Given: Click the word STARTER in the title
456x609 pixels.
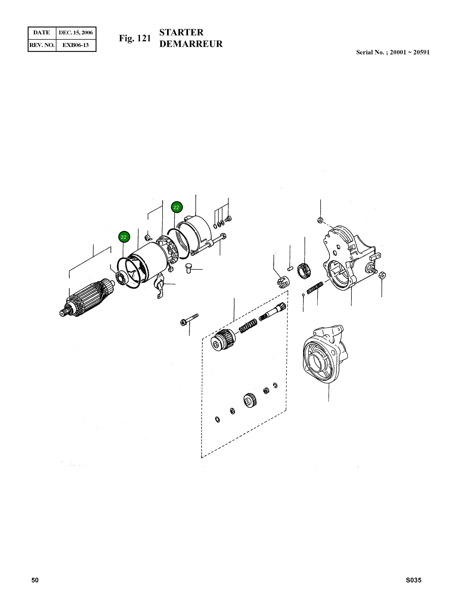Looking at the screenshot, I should (x=181, y=32).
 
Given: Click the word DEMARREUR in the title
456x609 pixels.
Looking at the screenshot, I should (x=191, y=44).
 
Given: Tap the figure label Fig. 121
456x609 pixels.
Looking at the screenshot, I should (x=135, y=38).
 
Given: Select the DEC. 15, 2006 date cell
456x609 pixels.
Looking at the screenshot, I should (x=76, y=33).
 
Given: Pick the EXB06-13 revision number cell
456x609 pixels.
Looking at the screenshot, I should (x=76, y=45).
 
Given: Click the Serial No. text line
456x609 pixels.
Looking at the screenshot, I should (x=393, y=52).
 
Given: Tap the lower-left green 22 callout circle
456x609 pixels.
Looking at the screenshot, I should (x=124, y=237).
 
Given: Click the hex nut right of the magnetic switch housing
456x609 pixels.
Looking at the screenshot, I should (x=382, y=275).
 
